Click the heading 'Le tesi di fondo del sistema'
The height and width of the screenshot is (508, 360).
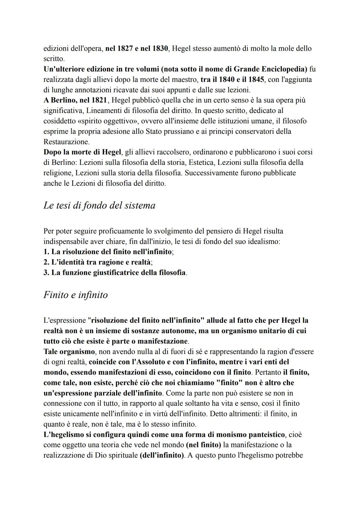click(99, 206)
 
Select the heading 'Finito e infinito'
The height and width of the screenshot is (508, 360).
click(75, 295)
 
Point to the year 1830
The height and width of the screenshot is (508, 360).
click(160, 49)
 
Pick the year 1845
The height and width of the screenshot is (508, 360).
click(255, 80)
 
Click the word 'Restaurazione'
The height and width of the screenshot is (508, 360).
click(66, 142)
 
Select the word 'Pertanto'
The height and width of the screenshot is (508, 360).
click(267, 372)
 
